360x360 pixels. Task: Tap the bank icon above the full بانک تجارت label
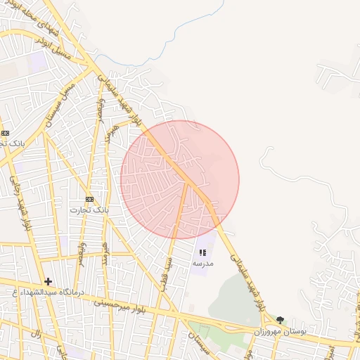point(89,200)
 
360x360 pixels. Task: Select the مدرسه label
point(202,262)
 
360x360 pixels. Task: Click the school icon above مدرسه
point(202,252)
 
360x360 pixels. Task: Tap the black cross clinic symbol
point(48,281)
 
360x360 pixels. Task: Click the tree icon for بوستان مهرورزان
point(281,320)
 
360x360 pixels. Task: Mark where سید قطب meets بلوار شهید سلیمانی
point(187,184)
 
